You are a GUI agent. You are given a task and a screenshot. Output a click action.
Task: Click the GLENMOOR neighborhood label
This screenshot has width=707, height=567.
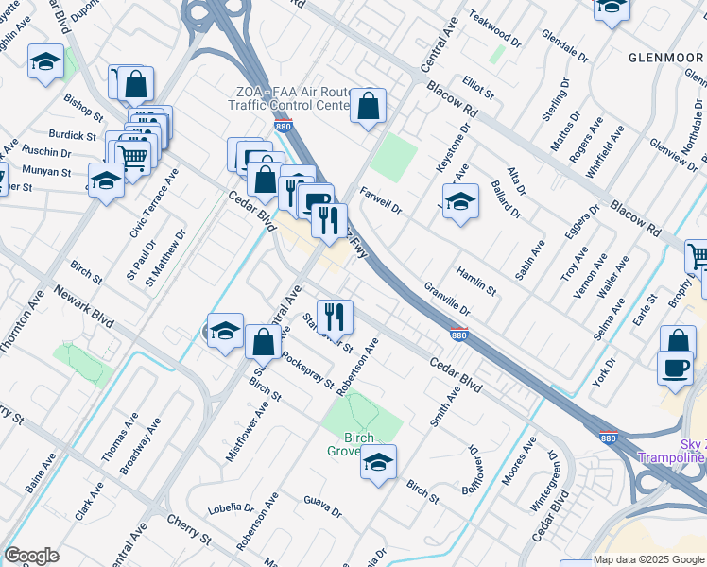click(x=666, y=57)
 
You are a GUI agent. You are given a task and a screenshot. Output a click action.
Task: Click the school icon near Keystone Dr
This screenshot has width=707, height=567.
click(x=460, y=202)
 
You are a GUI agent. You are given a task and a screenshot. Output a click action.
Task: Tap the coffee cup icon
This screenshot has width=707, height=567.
click(x=675, y=368)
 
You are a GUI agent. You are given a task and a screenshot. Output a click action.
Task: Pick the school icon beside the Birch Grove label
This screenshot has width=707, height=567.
click(x=378, y=462)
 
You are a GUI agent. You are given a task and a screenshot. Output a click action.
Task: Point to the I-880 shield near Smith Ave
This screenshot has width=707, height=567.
click(x=457, y=335)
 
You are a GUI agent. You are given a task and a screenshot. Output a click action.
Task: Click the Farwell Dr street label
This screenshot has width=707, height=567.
click(x=380, y=200)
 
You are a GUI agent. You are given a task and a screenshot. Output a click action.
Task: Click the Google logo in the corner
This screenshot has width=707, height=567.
click(x=31, y=556)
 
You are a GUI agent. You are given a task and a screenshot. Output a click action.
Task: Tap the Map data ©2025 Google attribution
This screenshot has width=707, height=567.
click(x=648, y=559)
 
